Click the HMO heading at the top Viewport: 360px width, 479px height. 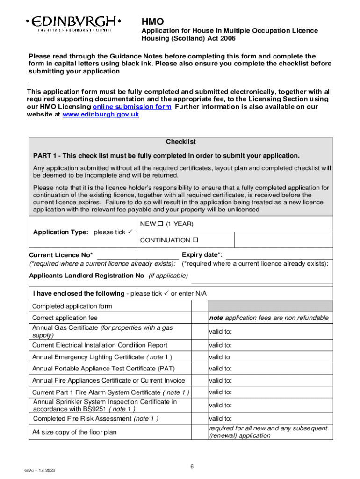click(153, 22)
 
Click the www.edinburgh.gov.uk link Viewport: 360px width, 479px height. click(101, 115)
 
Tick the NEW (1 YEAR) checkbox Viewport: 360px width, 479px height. click(159, 224)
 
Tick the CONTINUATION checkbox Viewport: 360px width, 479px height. click(195, 240)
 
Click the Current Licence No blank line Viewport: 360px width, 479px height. click(137, 255)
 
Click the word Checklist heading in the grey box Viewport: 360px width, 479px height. click(180, 142)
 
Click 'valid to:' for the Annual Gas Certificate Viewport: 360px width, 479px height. click(221, 332)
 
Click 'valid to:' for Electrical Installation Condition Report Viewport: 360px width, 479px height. click(221, 345)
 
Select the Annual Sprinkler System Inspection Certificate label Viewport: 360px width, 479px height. click(105, 405)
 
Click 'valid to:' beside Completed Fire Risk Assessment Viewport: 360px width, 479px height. click(221, 419)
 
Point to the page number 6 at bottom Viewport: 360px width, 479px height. click(192, 467)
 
